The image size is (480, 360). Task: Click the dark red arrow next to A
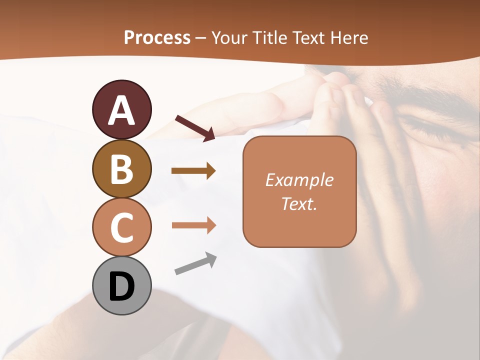point(195,127)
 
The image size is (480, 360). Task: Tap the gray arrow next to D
point(195,264)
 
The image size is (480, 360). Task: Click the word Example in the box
point(299,180)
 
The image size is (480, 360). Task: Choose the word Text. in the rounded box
point(299,204)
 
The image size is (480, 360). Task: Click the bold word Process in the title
point(157,37)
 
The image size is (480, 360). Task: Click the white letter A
point(121,111)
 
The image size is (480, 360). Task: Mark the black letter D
point(121,287)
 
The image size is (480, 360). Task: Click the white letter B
point(121,169)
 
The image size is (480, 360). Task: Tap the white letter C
point(121,228)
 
